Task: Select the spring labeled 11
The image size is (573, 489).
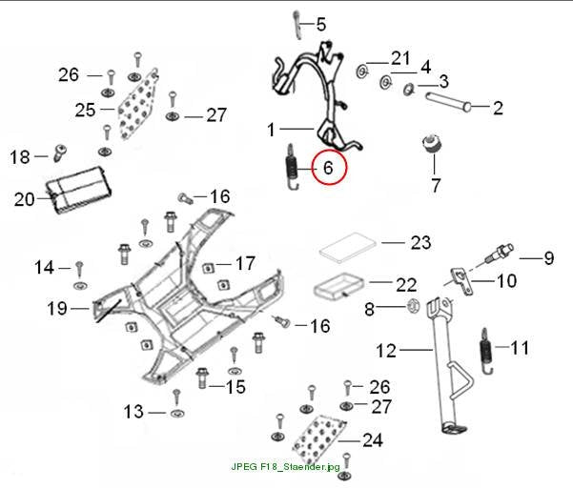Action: pos(486,351)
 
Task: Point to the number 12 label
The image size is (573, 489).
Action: pos(386,351)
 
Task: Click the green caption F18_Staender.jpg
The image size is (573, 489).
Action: pos(285,467)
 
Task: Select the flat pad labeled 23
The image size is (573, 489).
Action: pos(348,248)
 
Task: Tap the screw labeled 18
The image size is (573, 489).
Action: pos(60,153)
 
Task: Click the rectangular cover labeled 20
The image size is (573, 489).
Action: pos(79,190)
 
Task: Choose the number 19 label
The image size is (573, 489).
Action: pos(57,309)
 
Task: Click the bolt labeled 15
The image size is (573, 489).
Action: pos(202,377)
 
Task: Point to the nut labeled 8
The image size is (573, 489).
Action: pos(413,306)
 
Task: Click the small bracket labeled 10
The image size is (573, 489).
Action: pos(460,280)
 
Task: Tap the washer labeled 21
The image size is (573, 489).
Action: pos(362,71)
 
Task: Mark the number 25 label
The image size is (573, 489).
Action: pos(85,110)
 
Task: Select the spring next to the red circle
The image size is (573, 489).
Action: pos(292,167)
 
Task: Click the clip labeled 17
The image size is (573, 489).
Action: pos(208,269)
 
